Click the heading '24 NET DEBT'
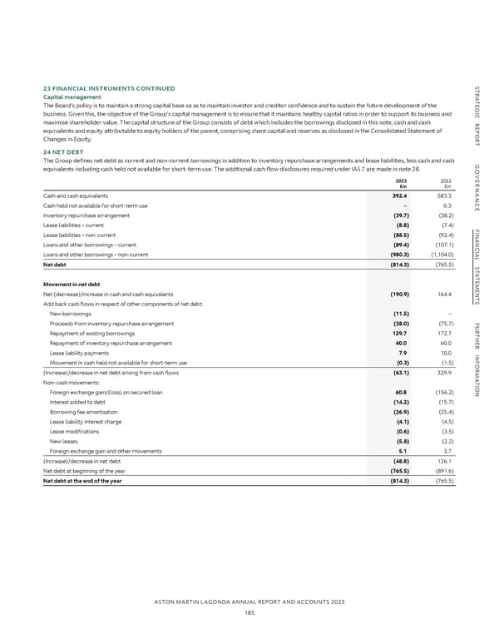coord(62,151)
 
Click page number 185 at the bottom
coord(249,611)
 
